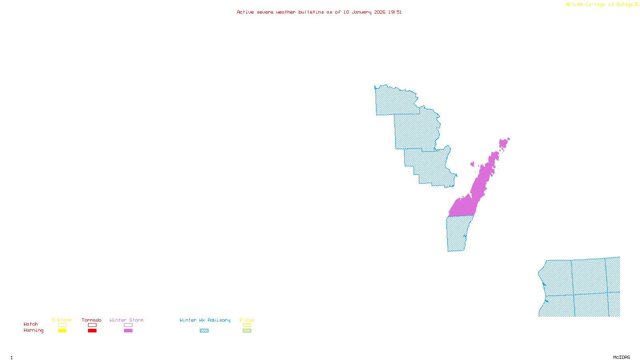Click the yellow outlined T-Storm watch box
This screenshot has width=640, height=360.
[62, 325]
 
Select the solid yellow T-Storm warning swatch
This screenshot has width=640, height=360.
[62, 331]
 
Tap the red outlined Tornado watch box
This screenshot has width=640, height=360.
[92, 325]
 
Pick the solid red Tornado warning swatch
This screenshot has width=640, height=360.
[92, 331]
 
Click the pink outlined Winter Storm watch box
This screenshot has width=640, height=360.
[128, 325]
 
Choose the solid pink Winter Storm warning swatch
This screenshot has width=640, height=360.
[128, 331]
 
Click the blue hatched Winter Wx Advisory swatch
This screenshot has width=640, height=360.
[204, 331]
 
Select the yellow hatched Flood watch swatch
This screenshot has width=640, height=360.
[247, 325]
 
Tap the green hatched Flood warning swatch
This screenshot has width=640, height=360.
[247, 331]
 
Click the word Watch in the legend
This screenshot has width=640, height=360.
[31, 324]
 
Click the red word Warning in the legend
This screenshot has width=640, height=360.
[34, 330]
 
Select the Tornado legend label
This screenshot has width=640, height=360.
[92, 320]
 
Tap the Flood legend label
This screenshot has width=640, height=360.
[247, 320]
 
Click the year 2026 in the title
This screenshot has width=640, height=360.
[380, 12]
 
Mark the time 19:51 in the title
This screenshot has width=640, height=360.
[395, 12]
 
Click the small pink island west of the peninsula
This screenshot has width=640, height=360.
[472, 164]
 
